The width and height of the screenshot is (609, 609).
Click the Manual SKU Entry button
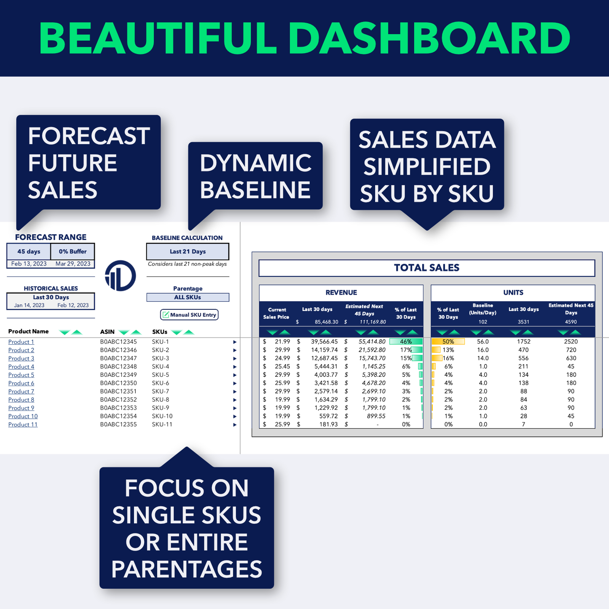coord(189,315)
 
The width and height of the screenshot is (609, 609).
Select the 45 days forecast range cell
coord(29,252)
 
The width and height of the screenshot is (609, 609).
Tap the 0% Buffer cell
coord(72,252)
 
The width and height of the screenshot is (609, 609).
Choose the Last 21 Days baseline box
coord(188,252)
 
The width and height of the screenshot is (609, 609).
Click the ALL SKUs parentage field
coord(188,298)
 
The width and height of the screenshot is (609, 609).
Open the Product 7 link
coord(21,392)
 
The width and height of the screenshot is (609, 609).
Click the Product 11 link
coord(23,424)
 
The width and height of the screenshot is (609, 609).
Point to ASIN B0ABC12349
coord(118,375)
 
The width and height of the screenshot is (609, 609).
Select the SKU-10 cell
coord(162,416)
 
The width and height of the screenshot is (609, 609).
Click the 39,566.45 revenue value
coord(324,342)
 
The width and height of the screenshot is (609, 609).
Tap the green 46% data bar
coord(406,342)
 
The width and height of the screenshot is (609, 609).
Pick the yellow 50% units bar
coord(448,342)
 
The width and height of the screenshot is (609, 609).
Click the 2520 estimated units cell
coord(571,342)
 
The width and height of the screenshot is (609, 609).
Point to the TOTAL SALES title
coord(427,268)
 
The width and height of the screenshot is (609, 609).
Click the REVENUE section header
coord(341,292)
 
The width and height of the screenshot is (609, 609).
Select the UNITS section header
coord(513,292)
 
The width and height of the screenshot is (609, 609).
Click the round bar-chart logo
coord(121,276)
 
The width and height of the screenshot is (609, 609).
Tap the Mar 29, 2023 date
coord(73,264)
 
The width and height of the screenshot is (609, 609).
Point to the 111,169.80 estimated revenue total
coord(373,322)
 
